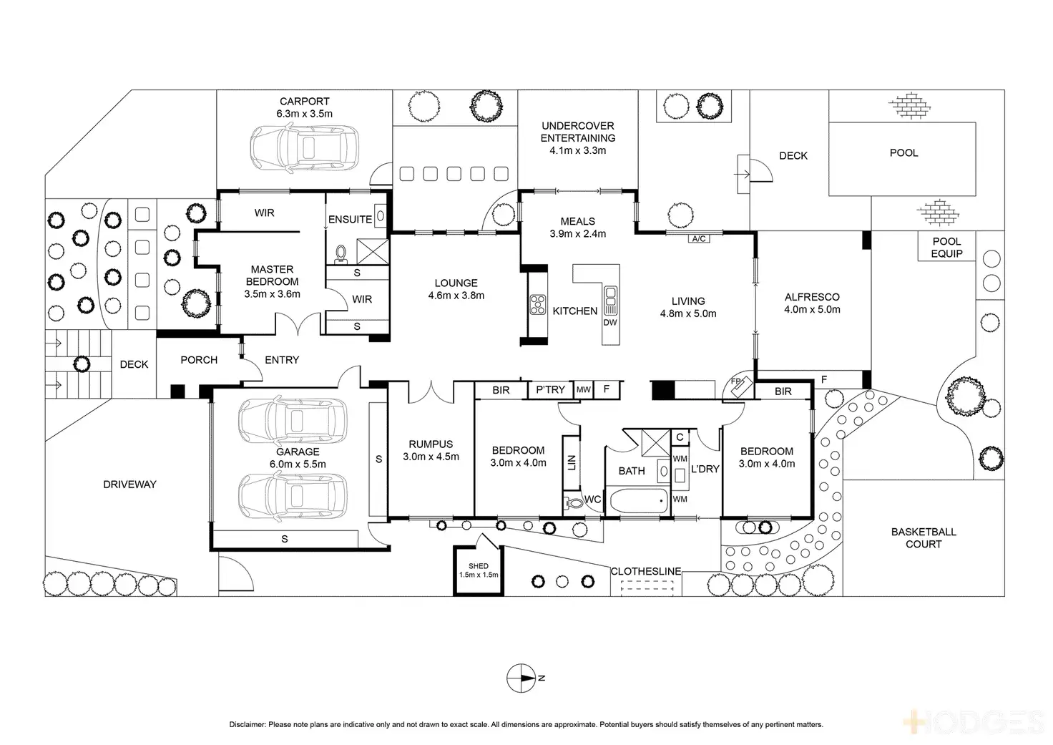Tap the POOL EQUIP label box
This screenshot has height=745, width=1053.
point(946,248)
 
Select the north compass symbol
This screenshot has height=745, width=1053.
point(521,678)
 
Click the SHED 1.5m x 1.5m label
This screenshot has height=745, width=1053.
point(479,570)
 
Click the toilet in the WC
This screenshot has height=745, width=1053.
point(574,502)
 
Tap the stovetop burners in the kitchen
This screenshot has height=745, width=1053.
point(538,304)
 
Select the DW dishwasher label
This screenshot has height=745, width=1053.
point(609,323)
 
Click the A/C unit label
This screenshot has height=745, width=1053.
point(698,239)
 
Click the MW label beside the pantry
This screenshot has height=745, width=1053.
point(584,389)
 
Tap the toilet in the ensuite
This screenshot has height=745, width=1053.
point(341,253)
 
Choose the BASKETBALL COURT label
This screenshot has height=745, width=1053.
point(923,538)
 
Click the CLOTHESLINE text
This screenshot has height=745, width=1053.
point(645,571)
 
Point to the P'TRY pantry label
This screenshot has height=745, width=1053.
point(550,389)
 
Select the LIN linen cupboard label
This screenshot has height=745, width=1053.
point(571,463)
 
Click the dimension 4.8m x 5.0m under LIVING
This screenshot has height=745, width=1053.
point(687,313)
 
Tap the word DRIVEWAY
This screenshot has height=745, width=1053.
point(129,485)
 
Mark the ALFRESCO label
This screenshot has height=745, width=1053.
point(812,297)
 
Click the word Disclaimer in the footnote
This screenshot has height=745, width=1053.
point(247,725)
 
